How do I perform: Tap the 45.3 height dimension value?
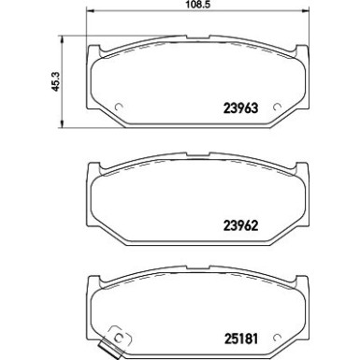pyautogui.click(x=54, y=82)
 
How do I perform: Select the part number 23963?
pyautogui.click(x=241, y=108)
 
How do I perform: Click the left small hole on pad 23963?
pyautogui.click(x=119, y=102)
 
